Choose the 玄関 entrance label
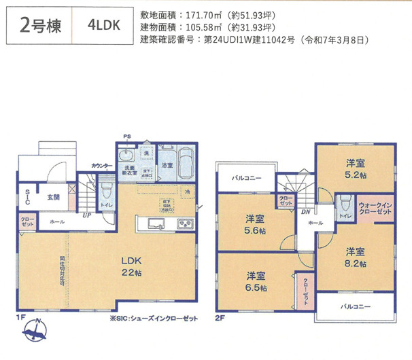click(54, 198)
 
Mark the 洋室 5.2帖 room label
click(354, 168)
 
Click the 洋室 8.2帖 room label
click(354, 257)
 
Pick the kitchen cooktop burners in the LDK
click(186, 225)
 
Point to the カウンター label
click(102, 166)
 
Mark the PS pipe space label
click(126, 137)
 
